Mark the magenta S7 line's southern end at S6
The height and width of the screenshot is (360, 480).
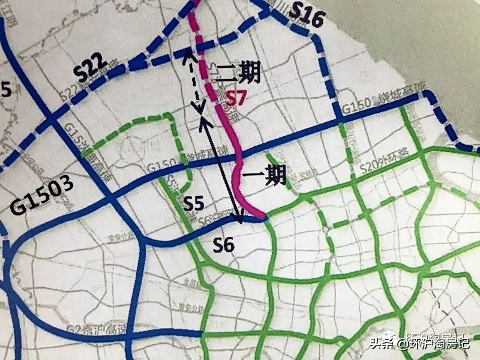click(263, 218)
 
